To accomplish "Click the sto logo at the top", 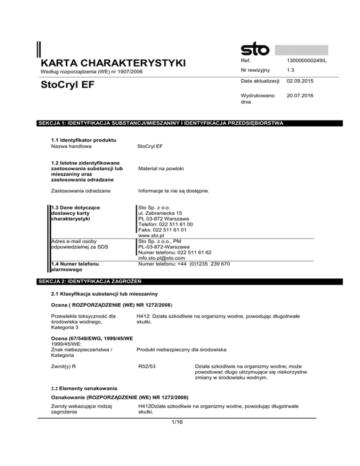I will point(255,50).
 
